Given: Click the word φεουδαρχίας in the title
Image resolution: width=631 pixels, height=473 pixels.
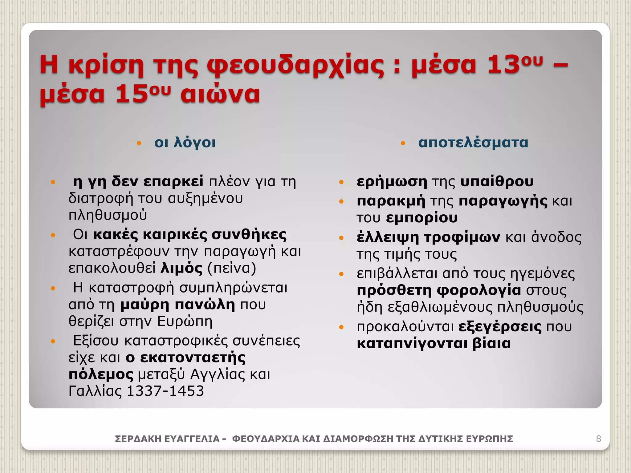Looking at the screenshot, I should coord(295,65).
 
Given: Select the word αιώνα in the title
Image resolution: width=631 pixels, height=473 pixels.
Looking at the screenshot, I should coord(220,94).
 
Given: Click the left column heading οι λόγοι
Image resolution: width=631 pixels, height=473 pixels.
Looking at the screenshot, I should coord(185,143).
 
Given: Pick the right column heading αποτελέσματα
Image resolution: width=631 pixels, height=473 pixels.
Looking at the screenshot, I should coord(473,143).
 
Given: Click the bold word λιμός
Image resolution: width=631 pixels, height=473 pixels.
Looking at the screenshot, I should coord(182,268).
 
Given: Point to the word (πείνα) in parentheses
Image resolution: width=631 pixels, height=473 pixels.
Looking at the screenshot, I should coord(232,268).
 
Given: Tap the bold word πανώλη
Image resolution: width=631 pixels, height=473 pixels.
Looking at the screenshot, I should coord(205,305).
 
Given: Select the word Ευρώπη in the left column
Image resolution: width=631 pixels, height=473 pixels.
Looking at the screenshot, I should coord(185,321).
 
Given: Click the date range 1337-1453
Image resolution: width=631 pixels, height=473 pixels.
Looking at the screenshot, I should coord(165,391).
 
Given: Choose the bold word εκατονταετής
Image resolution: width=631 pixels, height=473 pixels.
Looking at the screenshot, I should coord(193,358).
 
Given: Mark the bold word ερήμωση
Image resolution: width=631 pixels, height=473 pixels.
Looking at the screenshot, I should coord(392,182).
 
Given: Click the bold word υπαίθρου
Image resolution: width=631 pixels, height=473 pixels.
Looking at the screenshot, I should coord(497,182).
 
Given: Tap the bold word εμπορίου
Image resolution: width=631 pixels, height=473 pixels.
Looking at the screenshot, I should coord(422,218).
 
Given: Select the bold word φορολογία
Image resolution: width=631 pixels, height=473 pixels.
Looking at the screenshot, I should coord(479,290).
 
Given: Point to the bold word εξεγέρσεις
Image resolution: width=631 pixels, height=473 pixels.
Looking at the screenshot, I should coord(500,327).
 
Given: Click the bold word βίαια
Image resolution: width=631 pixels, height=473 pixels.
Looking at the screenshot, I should coord(491,344).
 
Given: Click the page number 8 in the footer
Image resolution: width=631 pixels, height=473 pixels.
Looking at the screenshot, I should coord(598,439).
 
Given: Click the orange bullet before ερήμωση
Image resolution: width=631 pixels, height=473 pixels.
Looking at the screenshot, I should coord(341,182).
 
